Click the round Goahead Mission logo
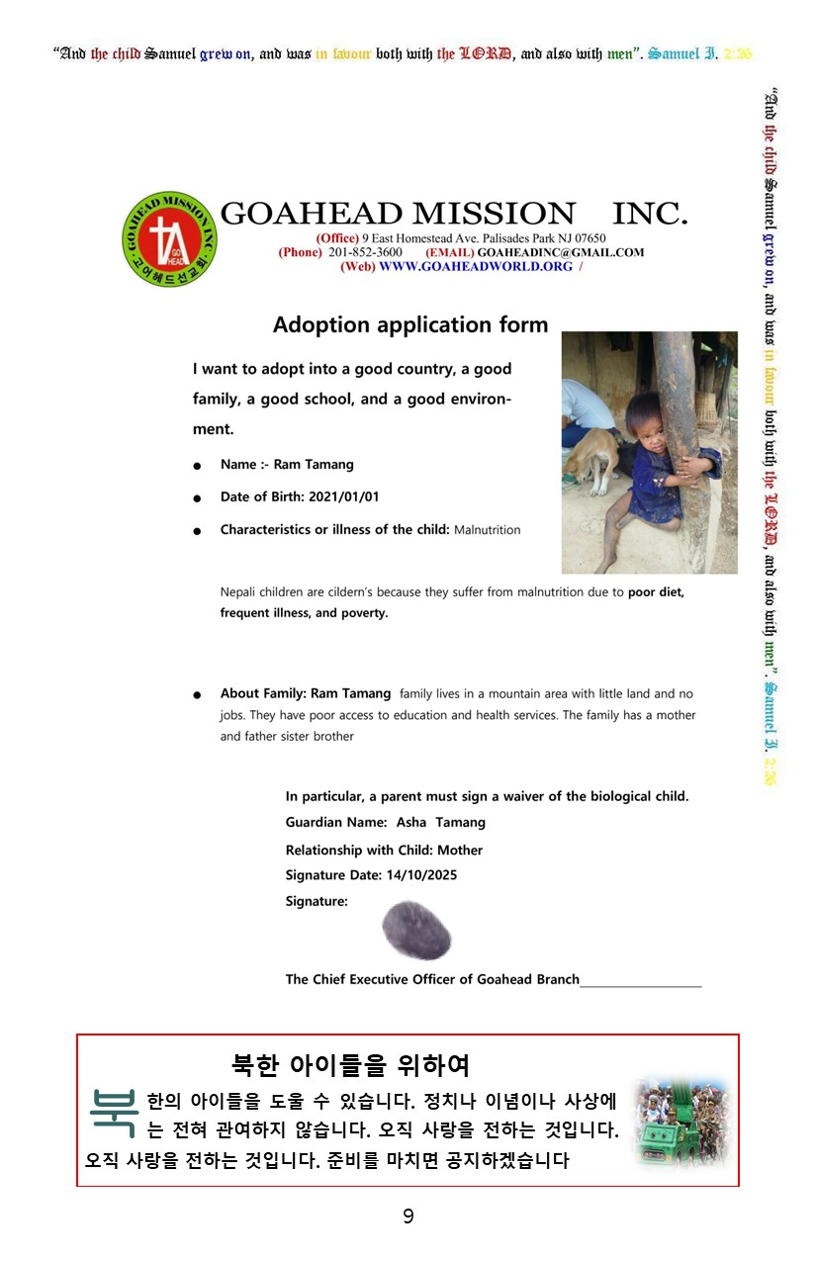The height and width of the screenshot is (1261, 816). pyautogui.click(x=170, y=238)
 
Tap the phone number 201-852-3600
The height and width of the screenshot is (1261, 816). pyautogui.click(x=365, y=252)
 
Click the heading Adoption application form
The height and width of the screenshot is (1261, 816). pyautogui.click(x=409, y=324)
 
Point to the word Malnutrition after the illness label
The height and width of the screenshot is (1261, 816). pyautogui.click(x=487, y=530)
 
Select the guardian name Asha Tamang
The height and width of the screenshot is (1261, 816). pyautogui.click(x=441, y=822)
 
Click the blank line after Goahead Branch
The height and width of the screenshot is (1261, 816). pyautogui.click(x=641, y=982)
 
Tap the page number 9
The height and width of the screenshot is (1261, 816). pyautogui.click(x=408, y=1216)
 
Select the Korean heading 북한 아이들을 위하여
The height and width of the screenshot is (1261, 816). pyautogui.click(x=350, y=1065)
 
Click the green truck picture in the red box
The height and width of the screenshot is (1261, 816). pyautogui.click(x=680, y=1124)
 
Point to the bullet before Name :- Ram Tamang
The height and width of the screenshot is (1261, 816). pyautogui.click(x=198, y=466)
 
